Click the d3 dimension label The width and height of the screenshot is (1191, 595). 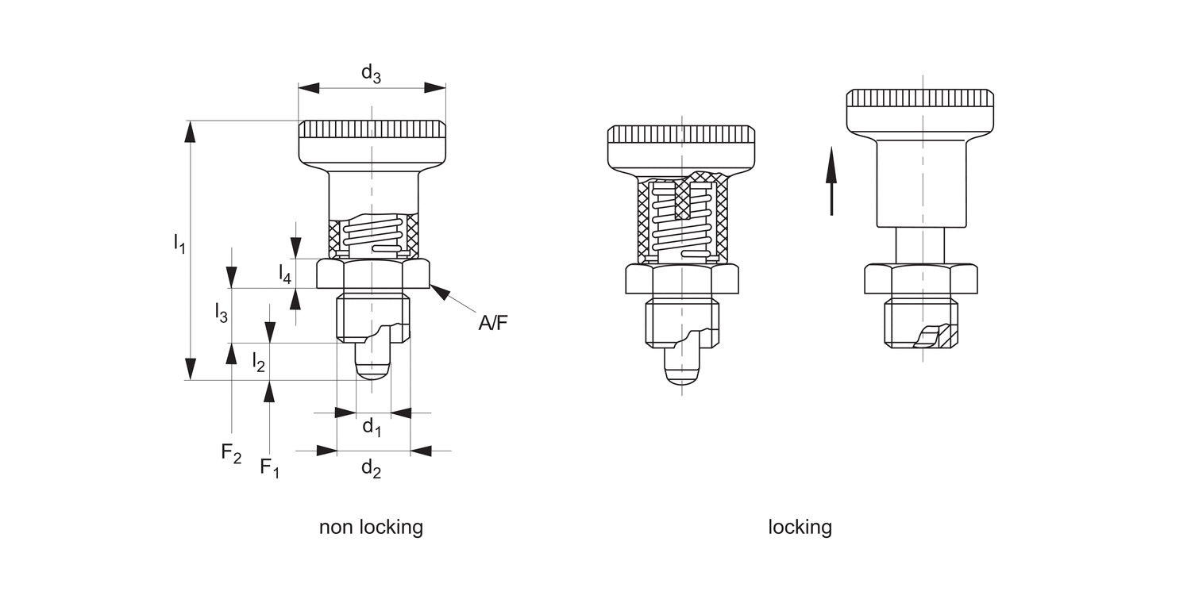[x=371, y=73]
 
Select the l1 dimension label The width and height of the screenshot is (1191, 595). [x=179, y=244]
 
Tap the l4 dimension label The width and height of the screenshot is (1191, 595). [x=285, y=274]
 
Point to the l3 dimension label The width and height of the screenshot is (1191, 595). [x=222, y=313]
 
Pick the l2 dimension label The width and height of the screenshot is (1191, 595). [x=258, y=362]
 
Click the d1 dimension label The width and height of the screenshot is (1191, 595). [x=372, y=427]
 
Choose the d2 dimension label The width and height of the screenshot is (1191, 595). [x=371, y=469]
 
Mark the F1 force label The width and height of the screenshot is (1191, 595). [x=270, y=468]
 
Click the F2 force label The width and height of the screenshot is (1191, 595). [x=231, y=453]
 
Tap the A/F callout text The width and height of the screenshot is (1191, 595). [x=493, y=322]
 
